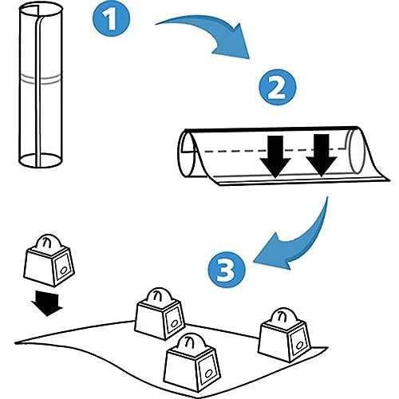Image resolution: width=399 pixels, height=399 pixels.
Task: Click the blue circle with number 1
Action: pyautogui.click(x=111, y=18)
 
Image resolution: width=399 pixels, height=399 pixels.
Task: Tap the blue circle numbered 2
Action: pyautogui.click(x=278, y=87)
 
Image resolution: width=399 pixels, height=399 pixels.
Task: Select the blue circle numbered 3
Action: pyautogui.click(x=226, y=270)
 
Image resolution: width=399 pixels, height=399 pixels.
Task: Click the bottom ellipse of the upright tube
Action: pyautogui.click(x=40, y=160)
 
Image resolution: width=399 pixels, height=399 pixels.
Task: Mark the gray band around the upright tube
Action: pyautogui.click(x=41, y=80)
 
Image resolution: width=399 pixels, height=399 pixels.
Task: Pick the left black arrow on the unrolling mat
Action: pyautogui.click(x=275, y=157)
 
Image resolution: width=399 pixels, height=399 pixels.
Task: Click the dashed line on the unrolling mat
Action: pyautogui.click(x=274, y=150)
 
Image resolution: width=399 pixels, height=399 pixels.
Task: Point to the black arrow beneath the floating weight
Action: pyautogui.click(x=46, y=303)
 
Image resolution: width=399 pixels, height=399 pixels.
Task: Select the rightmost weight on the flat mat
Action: pyautogui.click(x=285, y=335)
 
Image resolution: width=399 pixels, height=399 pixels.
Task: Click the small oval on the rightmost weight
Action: pyautogui.click(x=299, y=345)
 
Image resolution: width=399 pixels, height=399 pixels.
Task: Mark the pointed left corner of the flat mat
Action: pyautogui.click(x=16, y=342)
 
